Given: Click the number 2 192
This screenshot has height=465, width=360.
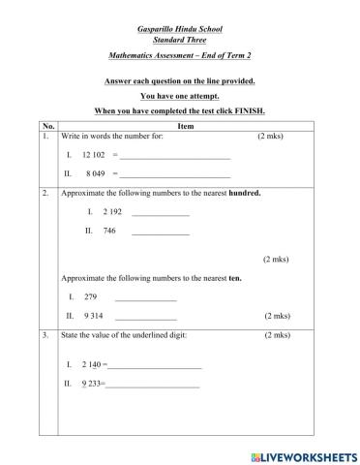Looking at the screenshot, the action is (x=112, y=211).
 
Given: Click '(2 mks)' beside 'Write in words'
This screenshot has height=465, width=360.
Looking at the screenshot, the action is (x=271, y=137).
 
